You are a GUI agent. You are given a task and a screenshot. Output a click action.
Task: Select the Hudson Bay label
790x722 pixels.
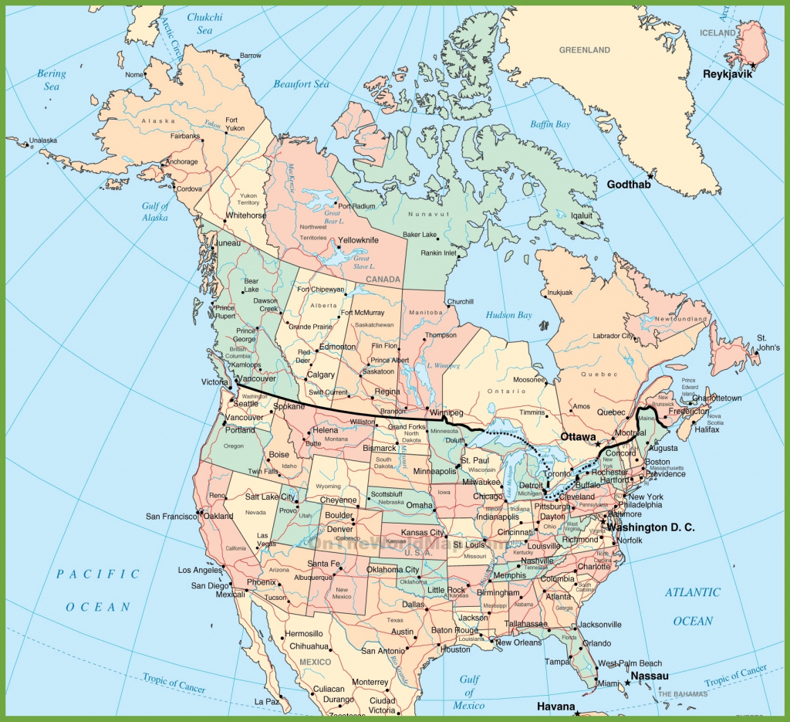[508, 315]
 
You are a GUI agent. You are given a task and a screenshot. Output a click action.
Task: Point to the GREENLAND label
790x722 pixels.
[584, 50]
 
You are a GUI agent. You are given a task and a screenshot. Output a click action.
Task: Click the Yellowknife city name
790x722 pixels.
[358, 241]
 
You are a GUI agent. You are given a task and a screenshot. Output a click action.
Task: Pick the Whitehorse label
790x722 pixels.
[246, 216]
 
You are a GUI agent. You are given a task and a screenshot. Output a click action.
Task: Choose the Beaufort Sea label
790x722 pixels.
[300, 84]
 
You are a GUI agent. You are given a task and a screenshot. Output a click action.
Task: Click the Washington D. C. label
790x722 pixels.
[650, 527]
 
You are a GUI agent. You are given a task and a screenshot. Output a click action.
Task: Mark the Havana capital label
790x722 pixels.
[556, 707]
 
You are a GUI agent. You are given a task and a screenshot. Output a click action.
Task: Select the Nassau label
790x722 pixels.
[649, 676]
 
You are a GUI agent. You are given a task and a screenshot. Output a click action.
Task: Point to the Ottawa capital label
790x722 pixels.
[578, 437]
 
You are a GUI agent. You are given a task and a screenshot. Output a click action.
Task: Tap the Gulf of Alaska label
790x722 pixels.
[155, 212]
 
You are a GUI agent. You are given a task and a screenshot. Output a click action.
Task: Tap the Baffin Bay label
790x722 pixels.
[550, 124]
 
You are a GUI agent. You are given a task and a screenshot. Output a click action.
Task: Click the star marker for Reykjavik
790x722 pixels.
[752, 65]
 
